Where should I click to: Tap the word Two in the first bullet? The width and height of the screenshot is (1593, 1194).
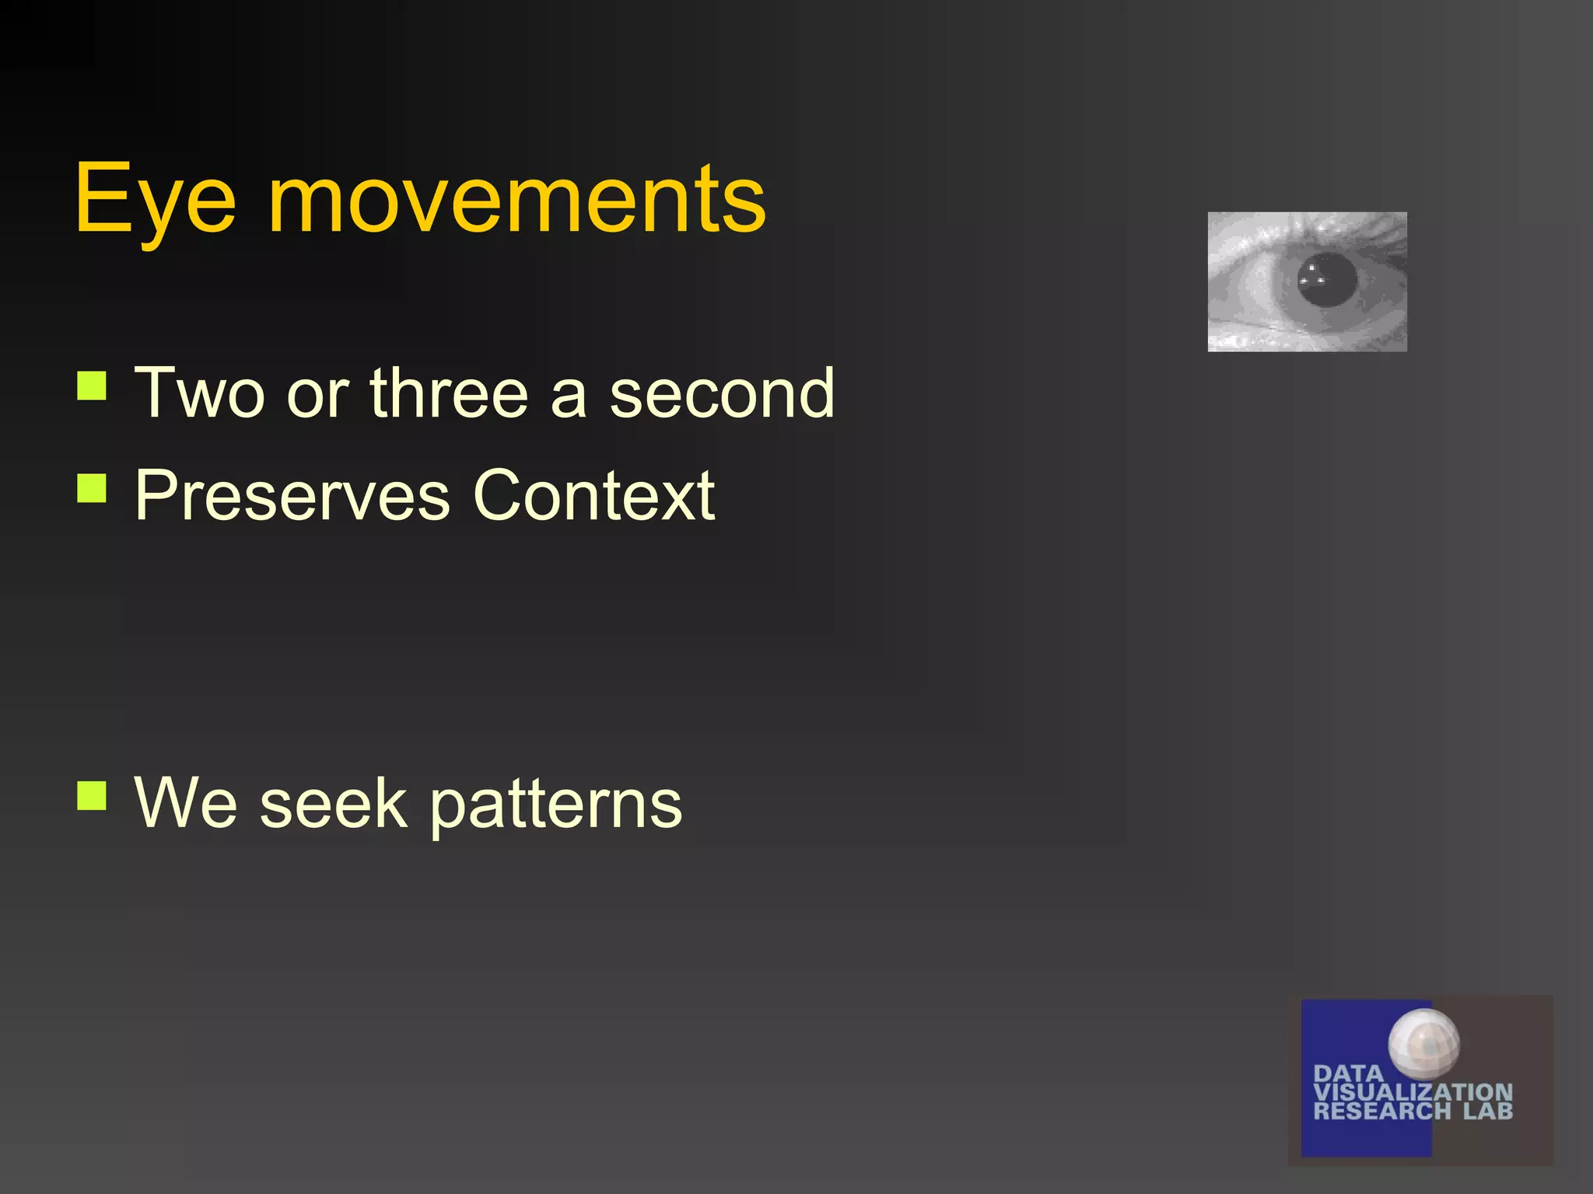click(x=200, y=393)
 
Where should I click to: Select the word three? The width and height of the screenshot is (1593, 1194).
click(x=449, y=393)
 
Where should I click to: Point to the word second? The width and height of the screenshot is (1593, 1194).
click(x=721, y=393)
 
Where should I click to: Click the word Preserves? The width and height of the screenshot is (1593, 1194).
click(x=292, y=495)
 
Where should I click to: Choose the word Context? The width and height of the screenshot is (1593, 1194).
click(x=593, y=495)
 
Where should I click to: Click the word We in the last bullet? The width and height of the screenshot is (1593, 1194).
click(x=186, y=803)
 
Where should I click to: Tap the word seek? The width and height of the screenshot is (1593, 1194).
click(x=333, y=803)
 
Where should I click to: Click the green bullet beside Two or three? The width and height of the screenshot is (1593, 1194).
click(x=92, y=386)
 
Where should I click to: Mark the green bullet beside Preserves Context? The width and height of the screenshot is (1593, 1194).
click(x=92, y=488)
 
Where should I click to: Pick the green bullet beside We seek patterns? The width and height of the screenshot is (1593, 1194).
click(x=92, y=795)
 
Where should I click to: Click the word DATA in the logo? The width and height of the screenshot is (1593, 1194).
click(x=1348, y=1074)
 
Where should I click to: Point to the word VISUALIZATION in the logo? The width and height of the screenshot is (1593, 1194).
click(x=1413, y=1092)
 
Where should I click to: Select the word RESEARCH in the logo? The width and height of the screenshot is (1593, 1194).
click(x=1381, y=1111)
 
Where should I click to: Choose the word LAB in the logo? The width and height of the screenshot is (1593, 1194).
click(x=1487, y=1111)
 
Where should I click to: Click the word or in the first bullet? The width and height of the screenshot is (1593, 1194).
click(x=317, y=395)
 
